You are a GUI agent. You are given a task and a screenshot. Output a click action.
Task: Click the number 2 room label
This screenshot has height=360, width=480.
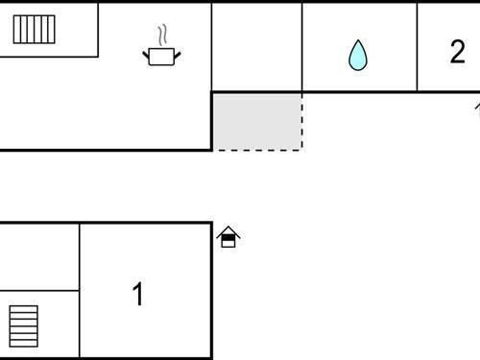[457, 52]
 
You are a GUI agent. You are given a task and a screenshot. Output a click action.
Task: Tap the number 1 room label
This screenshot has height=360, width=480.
[138, 294]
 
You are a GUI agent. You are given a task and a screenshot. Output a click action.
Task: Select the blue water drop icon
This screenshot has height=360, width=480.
[358, 55]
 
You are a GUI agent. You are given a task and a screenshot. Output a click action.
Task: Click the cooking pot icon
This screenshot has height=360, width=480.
[162, 57]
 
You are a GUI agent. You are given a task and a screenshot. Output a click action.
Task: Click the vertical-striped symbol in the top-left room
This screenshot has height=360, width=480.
[34, 29]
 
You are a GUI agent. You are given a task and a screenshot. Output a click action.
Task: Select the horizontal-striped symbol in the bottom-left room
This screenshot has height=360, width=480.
[24, 326]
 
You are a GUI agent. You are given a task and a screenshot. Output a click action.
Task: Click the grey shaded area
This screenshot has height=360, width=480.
[257, 121]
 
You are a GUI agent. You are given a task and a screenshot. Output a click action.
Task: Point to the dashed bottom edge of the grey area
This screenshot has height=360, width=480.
[257, 150]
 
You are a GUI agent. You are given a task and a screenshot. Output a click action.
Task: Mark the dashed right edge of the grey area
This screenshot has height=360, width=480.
[302, 121]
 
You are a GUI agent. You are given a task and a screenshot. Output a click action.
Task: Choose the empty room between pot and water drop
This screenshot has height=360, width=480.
[256, 46]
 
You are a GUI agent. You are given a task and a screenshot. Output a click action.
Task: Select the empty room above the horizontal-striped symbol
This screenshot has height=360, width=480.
[38, 256]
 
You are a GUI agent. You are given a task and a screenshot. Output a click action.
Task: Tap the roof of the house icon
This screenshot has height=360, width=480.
[228, 230]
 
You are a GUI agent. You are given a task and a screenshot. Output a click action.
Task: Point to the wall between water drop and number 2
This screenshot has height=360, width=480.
[418, 46]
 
